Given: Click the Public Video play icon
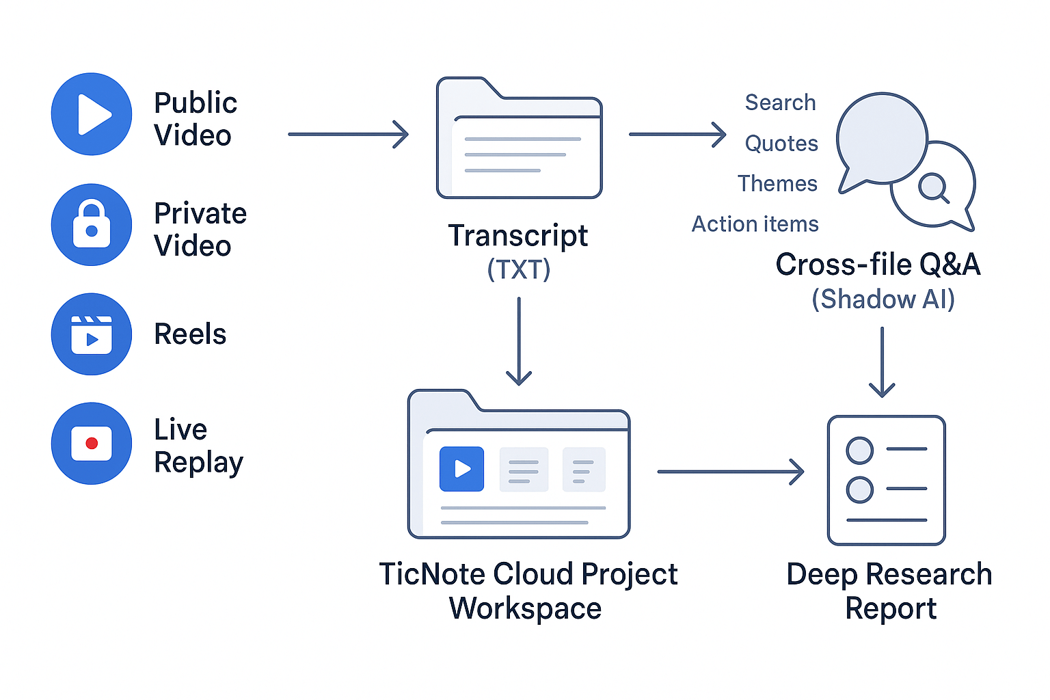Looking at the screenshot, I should click(x=92, y=114).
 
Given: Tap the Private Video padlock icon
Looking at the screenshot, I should click(x=92, y=224).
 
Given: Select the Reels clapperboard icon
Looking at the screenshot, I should click(x=92, y=334).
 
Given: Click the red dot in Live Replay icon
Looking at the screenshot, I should click(x=92, y=444).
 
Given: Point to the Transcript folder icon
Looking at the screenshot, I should click(x=519, y=140).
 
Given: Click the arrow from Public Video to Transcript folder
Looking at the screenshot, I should click(x=348, y=134).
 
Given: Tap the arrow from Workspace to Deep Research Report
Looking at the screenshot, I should click(x=730, y=472).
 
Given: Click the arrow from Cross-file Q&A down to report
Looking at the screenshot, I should click(x=882, y=362).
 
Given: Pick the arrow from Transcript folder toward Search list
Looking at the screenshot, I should click(x=677, y=134).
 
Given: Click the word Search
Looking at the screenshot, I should click(x=780, y=103).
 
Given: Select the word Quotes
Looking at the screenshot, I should click(x=781, y=144).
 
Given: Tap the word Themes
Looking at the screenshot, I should click(x=777, y=184).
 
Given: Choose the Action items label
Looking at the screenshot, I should click(x=755, y=224).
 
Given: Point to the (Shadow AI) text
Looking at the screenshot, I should click(x=883, y=299).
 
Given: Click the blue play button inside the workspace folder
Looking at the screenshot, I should click(x=461, y=469).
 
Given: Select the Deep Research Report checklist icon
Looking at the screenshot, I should click(x=886, y=480).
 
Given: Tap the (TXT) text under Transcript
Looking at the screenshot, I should click(x=519, y=269).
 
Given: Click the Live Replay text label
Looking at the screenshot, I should click(x=198, y=446).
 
